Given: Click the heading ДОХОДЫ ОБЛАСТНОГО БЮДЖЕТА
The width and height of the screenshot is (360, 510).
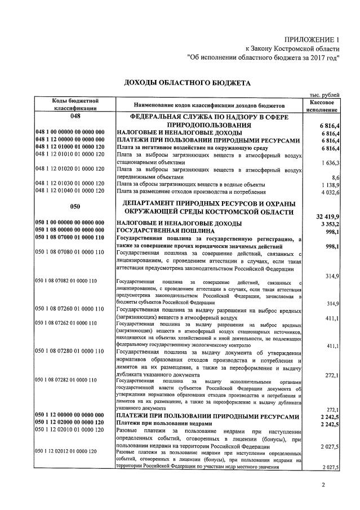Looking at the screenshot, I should pyautogui.click(x=186, y=83).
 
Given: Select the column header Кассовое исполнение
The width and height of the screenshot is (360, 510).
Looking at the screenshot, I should pyautogui.click(x=323, y=105).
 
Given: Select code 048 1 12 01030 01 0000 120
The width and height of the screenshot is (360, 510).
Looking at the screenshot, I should pyautogui.click(x=70, y=184).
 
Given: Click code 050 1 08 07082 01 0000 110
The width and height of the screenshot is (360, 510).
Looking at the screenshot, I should pyautogui.click(x=66, y=280).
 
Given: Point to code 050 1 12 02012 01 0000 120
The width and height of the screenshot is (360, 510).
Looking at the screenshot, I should pyautogui.click(x=66, y=451).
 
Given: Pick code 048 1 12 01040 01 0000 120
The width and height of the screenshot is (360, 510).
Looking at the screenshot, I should pyautogui.click(x=70, y=191).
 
